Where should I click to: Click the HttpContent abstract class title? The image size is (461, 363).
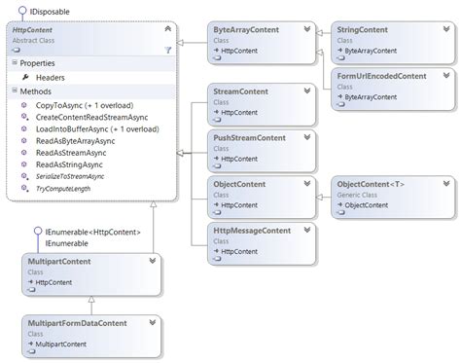pyautogui.click(x=33, y=31)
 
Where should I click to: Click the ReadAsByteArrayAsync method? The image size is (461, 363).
pyautogui.click(x=71, y=141)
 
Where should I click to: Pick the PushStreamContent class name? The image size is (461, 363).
pyautogui.click(x=249, y=138)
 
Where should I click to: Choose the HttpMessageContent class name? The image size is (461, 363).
pyautogui.click(x=252, y=231)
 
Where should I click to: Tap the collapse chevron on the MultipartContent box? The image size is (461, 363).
pyautogui.click(x=152, y=261)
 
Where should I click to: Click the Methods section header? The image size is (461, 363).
pyautogui.click(x=39, y=91)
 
